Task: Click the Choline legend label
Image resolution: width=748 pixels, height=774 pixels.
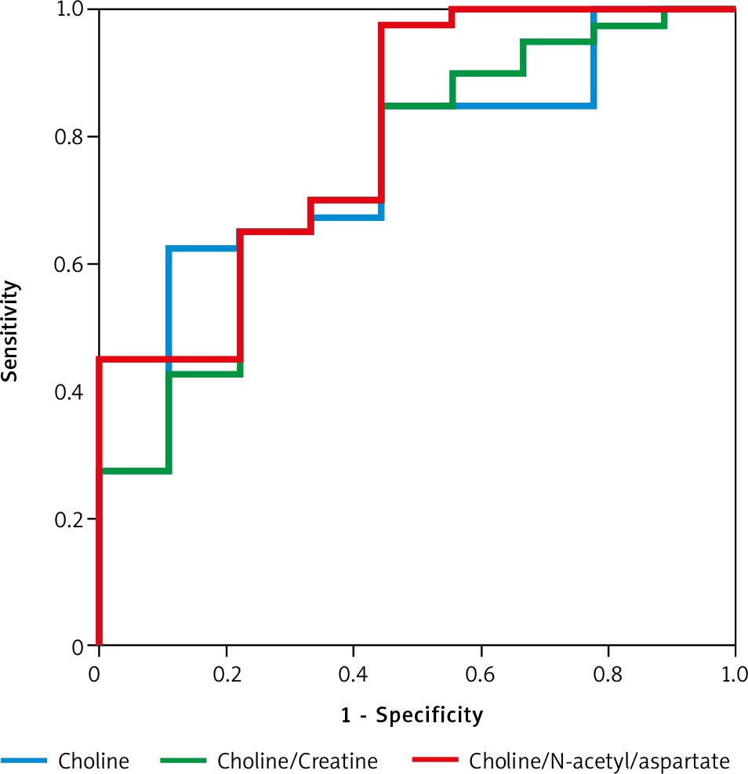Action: (94, 761)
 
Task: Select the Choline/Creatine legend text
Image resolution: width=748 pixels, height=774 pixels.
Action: (297, 761)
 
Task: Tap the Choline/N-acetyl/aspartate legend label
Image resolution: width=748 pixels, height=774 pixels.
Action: (599, 761)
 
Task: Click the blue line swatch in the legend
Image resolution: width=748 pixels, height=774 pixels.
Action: (24, 761)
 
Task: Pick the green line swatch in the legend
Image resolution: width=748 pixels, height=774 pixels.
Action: (183, 761)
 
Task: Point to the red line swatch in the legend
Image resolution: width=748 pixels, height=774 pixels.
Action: (435, 761)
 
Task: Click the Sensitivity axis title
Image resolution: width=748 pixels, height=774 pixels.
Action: (10, 331)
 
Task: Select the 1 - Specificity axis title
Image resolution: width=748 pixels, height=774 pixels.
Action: (412, 714)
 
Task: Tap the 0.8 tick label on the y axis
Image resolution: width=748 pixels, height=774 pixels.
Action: (69, 137)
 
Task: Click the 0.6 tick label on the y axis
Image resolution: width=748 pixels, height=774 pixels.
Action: (69, 264)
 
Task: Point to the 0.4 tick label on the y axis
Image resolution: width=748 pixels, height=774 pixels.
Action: (69, 392)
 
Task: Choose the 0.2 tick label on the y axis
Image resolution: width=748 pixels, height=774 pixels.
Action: (69, 519)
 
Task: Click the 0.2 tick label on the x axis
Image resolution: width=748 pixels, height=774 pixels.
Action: (227, 675)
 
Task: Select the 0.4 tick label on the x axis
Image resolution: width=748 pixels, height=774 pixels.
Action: (354, 675)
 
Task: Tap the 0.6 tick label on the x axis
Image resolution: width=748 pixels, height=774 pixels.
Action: (480, 675)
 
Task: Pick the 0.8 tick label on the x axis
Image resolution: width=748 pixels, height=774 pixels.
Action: (608, 675)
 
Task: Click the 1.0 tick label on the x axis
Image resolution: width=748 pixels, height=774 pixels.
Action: (735, 675)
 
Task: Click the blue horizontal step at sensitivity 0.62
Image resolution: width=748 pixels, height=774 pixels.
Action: (202, 248)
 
